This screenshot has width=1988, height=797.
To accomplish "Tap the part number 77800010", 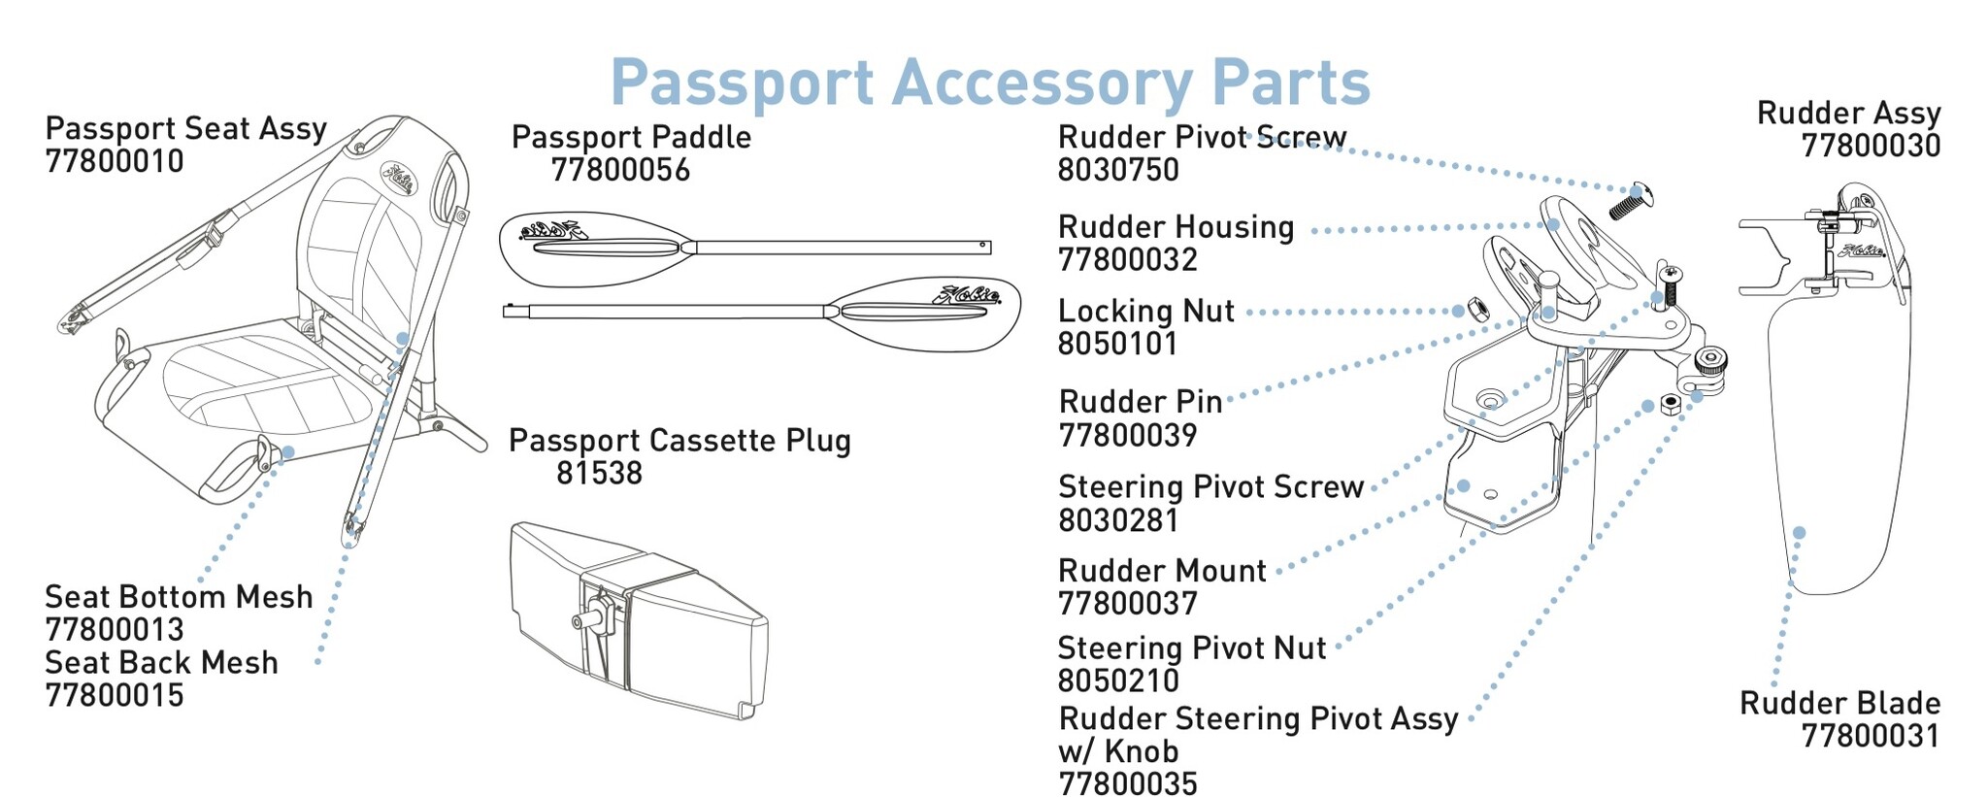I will tap(115, 161).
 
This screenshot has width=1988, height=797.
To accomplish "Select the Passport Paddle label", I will tap(631, 137).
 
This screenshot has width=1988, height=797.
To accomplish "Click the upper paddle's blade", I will tap(592, 248).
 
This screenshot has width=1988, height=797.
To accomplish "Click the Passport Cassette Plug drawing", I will tap(636, 621).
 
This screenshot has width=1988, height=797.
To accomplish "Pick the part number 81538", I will tap(599, 474).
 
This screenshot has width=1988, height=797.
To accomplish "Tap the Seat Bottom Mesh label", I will tap(179, 596).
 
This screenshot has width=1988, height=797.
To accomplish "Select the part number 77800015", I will tap(115, 695).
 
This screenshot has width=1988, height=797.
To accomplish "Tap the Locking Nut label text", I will tap(1145, 312).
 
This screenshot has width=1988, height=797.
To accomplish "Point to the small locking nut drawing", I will tap(1473, 310).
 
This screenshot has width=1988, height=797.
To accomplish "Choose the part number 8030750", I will tap(1118, 170).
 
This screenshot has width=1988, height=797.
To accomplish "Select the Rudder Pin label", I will tap(1141, 402).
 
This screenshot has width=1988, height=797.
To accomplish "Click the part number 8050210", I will tap(1118, 681).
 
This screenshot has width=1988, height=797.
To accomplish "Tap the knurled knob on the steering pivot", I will tap(1709, 362).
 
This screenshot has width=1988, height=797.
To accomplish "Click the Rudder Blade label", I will tap(1839, 703).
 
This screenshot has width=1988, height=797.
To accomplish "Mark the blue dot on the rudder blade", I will tap(1799, 533).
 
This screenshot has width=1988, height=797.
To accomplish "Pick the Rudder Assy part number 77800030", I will tap(1871, 146).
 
